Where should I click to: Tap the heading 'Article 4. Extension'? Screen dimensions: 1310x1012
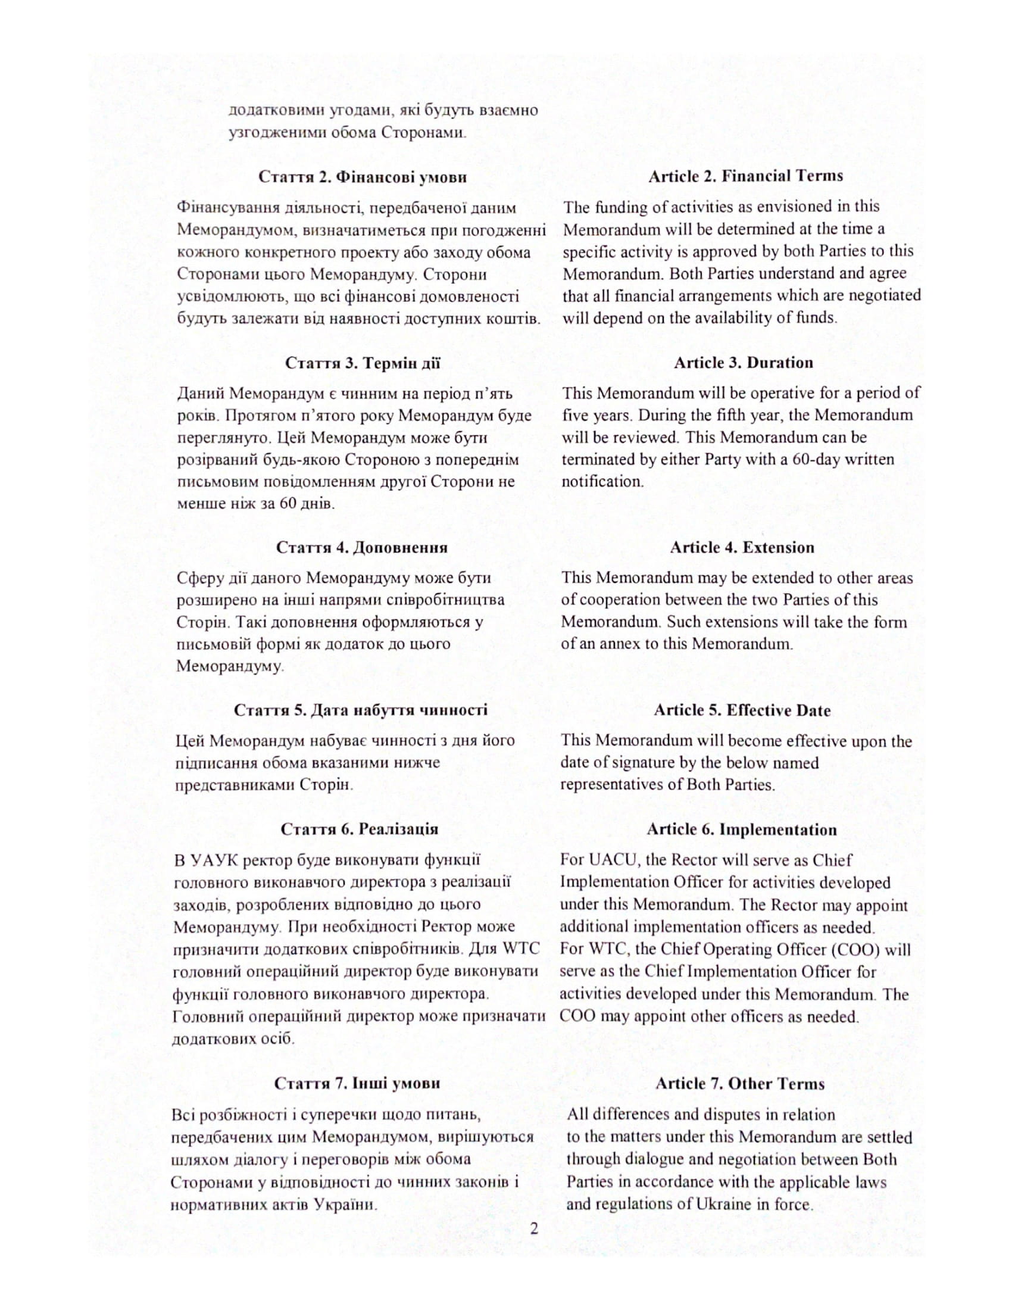coord(742,547)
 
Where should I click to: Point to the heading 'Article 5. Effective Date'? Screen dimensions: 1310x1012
coord(742,710)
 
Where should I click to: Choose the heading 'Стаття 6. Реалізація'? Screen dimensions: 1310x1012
coord(359,829)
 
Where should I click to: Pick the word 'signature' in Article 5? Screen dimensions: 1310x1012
coord(626,763)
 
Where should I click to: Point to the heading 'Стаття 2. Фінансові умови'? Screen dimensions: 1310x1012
coord(363,177)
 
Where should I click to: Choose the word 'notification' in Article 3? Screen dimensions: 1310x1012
coord(601,482)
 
